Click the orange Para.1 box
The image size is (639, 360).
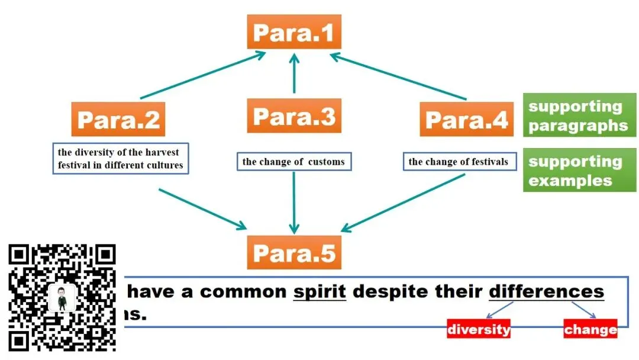click(x=294, y=32)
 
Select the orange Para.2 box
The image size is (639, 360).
click(x=118, y=119)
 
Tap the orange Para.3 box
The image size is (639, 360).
click(x=294, y=115)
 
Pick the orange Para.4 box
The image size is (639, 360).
click(x=467, y=119)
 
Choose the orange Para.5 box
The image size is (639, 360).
click(x=294, y=252)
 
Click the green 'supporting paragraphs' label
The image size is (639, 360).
click(x=579, y=115)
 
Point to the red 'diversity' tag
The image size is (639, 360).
click(x=479, y=329)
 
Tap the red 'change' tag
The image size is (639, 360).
click(x=590, y=329)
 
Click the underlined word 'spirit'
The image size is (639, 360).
click(x=319, y=291)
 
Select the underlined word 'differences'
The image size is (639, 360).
click(x=546, y=291)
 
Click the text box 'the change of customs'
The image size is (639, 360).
click(x=293, y=161)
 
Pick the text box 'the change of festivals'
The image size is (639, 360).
click(x=459, y=161)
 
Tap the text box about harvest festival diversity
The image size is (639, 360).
click(x=121, y=158)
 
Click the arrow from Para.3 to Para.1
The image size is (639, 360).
click(x=294, y=74)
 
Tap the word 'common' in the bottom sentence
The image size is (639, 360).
click(x=243, y=291)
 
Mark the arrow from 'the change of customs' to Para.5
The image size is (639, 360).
click(x=294, y=201)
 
